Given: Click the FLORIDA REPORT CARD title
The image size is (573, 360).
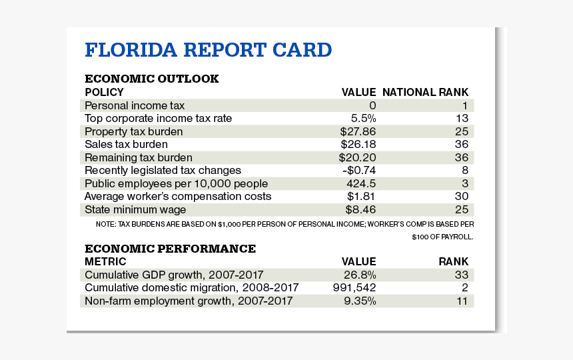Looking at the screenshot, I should point(208,51).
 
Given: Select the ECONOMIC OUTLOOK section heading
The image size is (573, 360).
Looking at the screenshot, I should point(151,79).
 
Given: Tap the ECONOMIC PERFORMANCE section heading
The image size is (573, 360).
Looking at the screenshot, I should point(170,249).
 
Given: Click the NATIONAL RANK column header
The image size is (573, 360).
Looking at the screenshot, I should point(425,92).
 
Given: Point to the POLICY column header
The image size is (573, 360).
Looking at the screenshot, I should point(104,92).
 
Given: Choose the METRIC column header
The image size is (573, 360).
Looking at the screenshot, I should point(105,261).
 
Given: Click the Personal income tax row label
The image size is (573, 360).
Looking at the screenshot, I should point(135,105).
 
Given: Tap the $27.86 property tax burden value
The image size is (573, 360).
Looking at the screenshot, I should point(358,131).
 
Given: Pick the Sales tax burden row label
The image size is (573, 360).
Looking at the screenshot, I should point(126,144).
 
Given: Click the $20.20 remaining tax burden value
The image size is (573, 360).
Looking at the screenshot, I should point(358,157).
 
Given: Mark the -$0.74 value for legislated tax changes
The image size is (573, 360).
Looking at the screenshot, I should point(358,171).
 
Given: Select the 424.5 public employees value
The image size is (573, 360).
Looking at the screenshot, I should point(361,183).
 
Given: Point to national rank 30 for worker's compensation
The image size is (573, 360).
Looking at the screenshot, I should point(462,197).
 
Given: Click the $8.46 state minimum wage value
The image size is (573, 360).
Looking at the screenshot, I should point(360,210).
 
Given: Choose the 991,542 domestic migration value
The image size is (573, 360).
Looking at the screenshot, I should point(354,287).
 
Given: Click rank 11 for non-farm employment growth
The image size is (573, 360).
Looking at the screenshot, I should point(462,301).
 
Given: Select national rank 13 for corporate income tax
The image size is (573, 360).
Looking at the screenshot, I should point(462,118).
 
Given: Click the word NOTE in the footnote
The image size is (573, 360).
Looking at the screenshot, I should point(105,225).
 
